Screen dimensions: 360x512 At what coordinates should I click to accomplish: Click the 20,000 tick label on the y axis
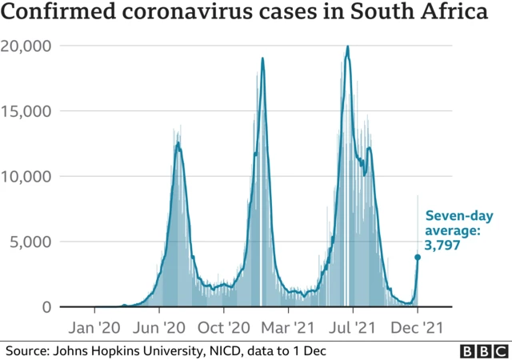[x=27, y=46]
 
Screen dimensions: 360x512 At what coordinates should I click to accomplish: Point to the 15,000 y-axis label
[x=27, y=111]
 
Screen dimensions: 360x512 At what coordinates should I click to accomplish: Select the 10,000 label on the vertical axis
[x=27, y=176]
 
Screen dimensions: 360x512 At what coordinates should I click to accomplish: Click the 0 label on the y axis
[x=47, y=307]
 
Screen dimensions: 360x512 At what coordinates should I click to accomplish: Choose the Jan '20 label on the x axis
[x=94, y=327]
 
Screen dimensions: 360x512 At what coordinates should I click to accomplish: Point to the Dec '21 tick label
[x=417, y=327]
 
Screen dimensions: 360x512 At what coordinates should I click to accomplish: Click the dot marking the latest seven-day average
[x=417, y=257]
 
